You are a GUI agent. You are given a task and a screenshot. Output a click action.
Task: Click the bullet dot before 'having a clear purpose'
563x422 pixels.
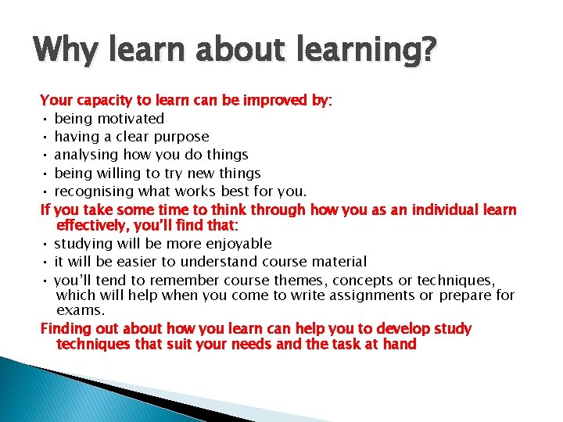(x=46, y=138)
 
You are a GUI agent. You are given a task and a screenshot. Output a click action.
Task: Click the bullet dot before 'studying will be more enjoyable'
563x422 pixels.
(x=46, y=245)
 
